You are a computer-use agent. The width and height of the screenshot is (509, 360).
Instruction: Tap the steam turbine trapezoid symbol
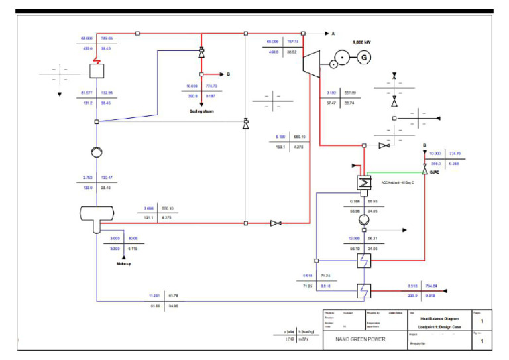(x=310, y=64)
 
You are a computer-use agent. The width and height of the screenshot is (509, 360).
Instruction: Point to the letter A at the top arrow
(x=333, y=32)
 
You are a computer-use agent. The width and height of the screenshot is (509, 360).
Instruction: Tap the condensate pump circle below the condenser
(x=364, y=219)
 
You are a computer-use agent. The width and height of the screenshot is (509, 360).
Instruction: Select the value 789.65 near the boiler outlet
(x=106, y=38)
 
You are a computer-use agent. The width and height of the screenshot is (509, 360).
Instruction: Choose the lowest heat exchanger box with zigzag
(x=363, y=290)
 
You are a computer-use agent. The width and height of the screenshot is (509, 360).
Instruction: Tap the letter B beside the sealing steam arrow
(x=228, y=74)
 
